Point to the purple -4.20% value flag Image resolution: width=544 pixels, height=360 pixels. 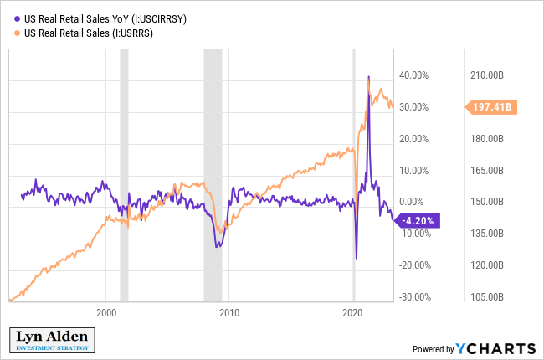click(x=416, y=221)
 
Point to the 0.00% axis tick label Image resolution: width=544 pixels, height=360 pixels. click(x=416, y=202)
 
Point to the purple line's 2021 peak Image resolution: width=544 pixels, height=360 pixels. click(x=369, y=77)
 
